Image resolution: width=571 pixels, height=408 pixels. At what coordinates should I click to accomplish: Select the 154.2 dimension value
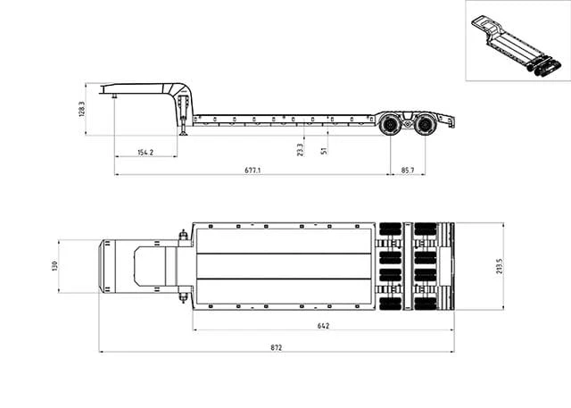pos(146,153)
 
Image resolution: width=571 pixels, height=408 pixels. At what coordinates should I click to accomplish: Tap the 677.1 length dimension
pos(252,170)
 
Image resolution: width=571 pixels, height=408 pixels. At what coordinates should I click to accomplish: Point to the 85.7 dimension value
pos(407,170)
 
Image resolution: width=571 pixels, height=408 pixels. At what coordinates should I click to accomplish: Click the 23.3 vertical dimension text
pos(301,149)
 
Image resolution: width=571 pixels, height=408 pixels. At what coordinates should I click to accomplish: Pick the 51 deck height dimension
pos(324,150)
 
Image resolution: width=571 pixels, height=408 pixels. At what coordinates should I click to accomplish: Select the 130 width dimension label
pos(55,266)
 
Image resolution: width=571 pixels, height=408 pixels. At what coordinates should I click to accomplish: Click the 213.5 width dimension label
pos(500,266)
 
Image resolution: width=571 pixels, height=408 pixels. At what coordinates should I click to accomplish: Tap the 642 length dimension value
pos(323,326)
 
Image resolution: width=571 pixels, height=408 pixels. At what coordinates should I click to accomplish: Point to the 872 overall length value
pos(277,347)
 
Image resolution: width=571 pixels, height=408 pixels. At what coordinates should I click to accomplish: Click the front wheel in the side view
pos(390,124)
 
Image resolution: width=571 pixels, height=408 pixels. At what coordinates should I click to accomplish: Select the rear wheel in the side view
pos(425,124)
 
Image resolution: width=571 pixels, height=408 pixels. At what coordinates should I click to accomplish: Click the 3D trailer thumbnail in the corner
pos(517,41)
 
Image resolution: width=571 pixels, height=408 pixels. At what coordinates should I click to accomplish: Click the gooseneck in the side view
pos(147,89)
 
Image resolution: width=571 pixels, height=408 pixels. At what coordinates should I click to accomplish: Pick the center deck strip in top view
pos(283,266)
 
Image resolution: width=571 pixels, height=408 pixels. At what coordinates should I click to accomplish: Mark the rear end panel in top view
pos(446,266)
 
